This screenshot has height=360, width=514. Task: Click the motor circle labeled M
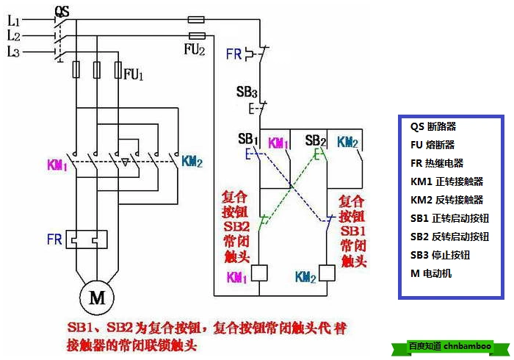[x=97, y=298]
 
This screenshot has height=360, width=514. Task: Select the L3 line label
[x=14, y=51]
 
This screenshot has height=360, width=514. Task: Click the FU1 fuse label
[x=134, y=74]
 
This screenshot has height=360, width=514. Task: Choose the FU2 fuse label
[x=194, y=49]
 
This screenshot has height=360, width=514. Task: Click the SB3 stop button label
[x=247, y=93]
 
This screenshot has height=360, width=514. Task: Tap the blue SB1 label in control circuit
[x=248, y=140]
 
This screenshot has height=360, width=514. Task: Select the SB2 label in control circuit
[x=315, y=140]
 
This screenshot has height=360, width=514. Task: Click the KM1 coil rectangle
[x=259, y=273]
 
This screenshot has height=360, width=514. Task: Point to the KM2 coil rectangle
[x=327, y=273]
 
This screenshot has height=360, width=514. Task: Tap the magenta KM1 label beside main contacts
[x=57, y=165]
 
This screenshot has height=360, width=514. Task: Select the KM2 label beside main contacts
[x=192, y=161]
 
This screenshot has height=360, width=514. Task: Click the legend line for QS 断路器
[x=433, y=126]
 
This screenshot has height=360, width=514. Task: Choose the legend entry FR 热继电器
[x=437, y=163]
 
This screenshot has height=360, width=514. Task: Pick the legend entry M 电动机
[x=432, y=273]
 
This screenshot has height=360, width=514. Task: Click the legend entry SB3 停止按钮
[x=440, y=255]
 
